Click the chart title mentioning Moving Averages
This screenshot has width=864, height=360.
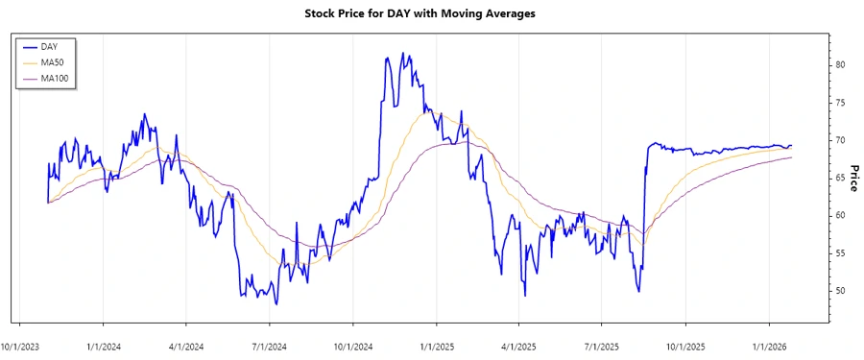432,13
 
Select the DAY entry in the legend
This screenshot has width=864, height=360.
50,46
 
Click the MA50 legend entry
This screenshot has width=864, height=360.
53,61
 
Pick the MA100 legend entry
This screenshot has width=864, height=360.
55,77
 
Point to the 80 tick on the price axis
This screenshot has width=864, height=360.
840,64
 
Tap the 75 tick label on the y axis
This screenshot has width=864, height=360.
840,103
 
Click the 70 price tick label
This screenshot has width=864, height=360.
840,140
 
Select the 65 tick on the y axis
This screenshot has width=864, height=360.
840,178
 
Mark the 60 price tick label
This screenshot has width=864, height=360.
840,215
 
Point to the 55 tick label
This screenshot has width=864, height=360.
840,252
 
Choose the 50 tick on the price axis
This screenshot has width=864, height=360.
840,290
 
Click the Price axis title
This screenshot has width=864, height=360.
853,178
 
